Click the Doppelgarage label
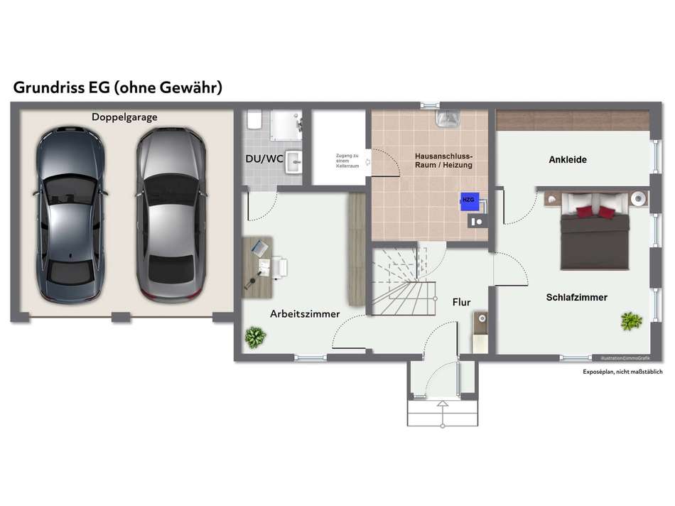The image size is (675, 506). (x=124, y=117)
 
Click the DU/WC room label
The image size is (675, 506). (x=264, y=158)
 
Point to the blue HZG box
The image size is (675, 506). (x=468, y=200)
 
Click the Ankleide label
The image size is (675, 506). (x=568, y=160)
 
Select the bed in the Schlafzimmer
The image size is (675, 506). (x=595, y=231)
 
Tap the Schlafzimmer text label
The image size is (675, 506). (x=577, y=297)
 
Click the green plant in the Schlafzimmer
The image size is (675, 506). (x=631, y=321)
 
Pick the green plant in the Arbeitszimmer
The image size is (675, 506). (x=254, y=337)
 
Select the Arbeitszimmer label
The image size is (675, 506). (x=305, y=313)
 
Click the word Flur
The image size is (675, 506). (x=461, y=302)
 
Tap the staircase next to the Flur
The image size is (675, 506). (x=401, y=281)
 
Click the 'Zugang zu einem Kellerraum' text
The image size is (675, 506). (x=347, y=161)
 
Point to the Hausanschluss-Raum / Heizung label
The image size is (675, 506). (x=443, y=160)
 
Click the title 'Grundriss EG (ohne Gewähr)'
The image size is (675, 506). (x=118, y=87)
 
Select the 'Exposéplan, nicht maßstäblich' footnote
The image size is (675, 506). (x=622, y=372)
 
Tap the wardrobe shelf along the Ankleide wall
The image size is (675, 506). (x=572, y=119)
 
